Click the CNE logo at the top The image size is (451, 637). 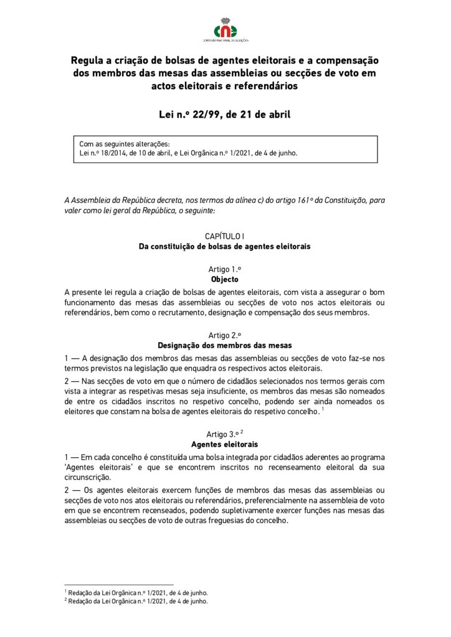tap(225, 30)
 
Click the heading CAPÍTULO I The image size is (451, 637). tap(225, 236)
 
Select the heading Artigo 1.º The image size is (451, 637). tap(225, 269)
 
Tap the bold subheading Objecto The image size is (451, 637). tap(225, 279)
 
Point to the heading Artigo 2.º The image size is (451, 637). tap(225, 335)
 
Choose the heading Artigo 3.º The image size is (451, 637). tap(222, 434)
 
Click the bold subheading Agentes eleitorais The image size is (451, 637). tap(225, 444)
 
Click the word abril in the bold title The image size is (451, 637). tap(273, 114)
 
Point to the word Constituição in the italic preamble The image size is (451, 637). tap(344, 200)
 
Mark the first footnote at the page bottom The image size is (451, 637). tap(136, 593)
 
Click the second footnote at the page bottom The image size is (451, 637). tap(136, 602)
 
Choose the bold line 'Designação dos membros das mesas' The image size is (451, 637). tap(225, 345)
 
